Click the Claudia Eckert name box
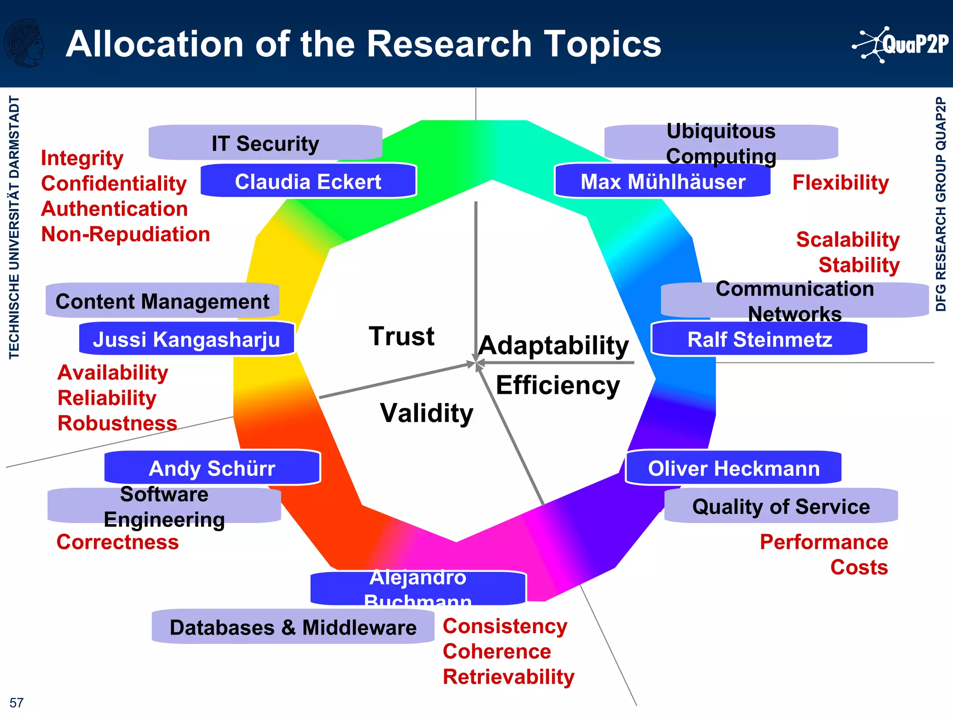(308, 181)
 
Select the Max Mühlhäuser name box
(663, 181)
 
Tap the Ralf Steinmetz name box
(759, 339)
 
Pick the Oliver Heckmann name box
(733, 468)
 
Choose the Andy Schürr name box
(212, 468)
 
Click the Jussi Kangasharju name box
(187, 339)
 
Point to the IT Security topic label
(265, 143)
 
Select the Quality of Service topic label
(781, 506)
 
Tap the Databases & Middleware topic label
(293, 627)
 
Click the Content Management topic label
(162, 301)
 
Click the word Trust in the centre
(402, 336)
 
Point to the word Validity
(427, 413)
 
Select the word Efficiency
(558, 385)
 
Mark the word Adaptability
(554, 345)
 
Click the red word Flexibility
(840, 182)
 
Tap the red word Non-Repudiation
(126, 234)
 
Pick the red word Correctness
(118, 542)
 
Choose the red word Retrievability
(509, 676)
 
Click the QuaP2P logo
(901, 44)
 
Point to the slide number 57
(16, 702)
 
